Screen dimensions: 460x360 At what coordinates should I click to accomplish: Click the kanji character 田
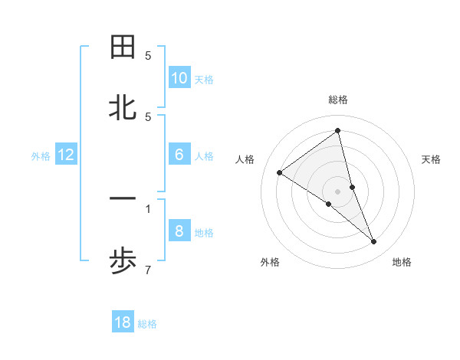[123, 47]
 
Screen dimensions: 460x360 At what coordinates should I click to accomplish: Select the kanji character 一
[123, 199]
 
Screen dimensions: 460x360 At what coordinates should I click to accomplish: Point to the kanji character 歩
[123, 262]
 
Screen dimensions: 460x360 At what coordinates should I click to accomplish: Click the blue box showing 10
[179, 77]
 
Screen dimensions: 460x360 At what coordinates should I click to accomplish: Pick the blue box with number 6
[179, 155]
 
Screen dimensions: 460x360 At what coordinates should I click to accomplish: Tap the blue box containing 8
[179, 231]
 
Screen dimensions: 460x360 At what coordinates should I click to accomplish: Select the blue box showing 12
[66, 155]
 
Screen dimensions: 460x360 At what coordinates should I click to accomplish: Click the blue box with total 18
[123, 322]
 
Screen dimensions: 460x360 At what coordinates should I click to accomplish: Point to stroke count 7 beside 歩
[148, 270]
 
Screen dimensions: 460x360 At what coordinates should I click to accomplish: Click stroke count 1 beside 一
[148, 208]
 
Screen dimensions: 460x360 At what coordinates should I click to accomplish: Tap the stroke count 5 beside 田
[148, 55]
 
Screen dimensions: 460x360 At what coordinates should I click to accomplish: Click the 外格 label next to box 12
[41, 155]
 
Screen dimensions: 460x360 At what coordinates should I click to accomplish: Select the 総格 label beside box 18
[147, 323]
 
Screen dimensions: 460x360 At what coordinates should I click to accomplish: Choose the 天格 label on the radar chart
[431, 159]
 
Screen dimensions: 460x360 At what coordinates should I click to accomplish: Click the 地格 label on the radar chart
[402, 262]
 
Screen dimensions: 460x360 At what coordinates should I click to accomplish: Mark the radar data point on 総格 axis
[337, 130]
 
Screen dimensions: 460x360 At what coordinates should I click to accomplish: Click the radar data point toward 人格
[279, 172]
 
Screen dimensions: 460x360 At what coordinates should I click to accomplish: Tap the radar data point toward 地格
[374, 241]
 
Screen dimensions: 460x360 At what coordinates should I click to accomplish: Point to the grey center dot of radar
[337, 191]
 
